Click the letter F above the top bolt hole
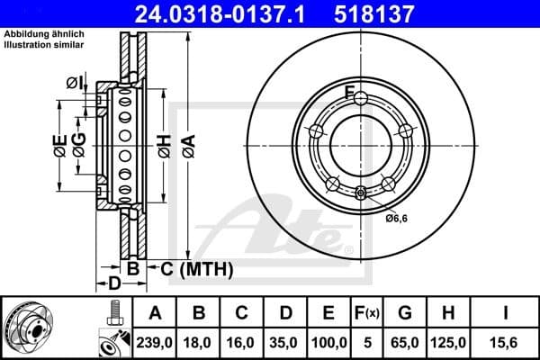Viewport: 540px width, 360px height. [350, 90]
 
